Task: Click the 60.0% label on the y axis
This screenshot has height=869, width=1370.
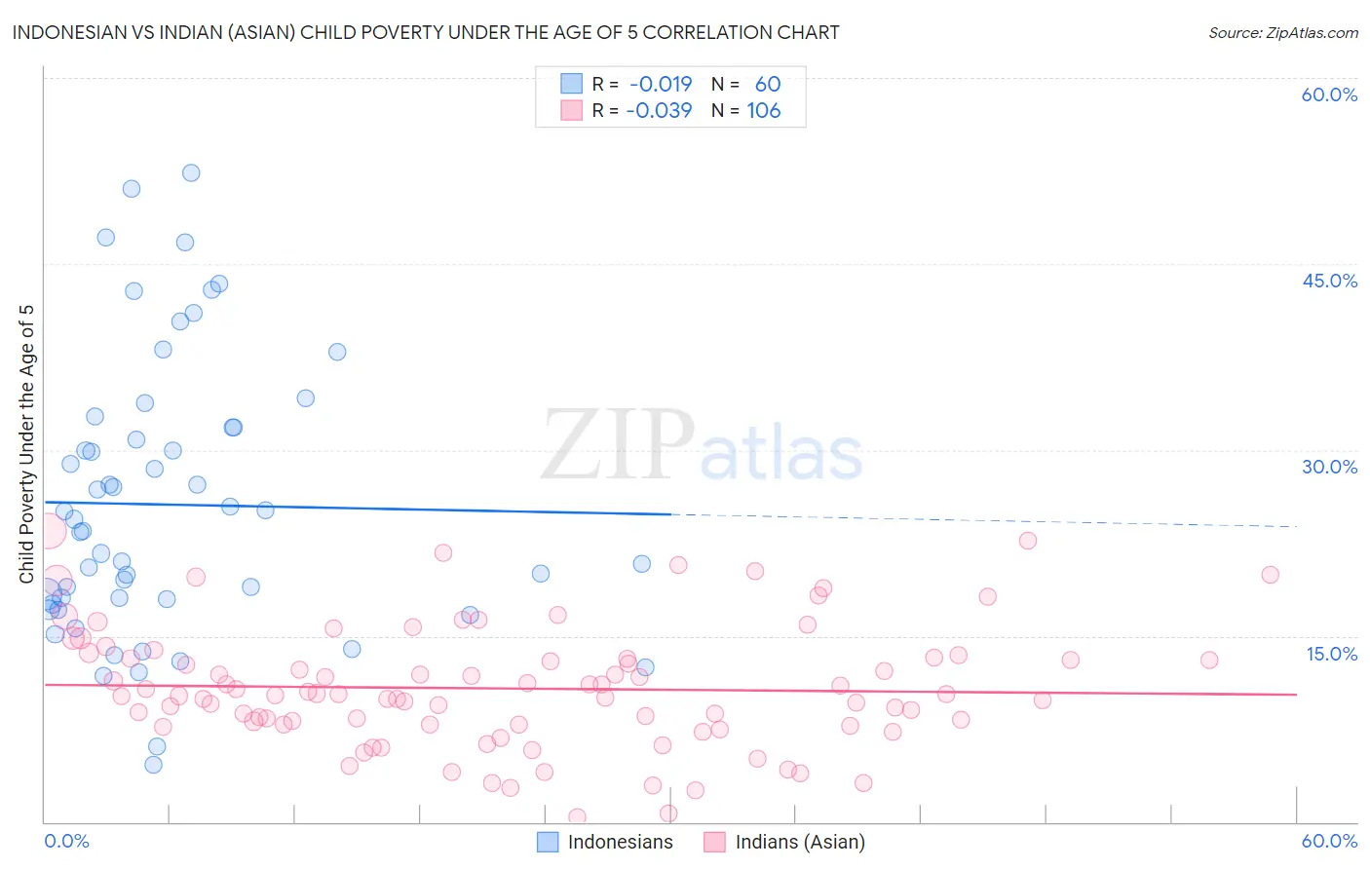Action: point(1329,94)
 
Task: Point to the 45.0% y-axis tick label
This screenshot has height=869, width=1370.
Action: point(1329,281)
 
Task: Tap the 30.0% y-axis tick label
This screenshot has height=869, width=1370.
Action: point(1329,467)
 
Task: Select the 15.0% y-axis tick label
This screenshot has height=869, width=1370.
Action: point(1331,654)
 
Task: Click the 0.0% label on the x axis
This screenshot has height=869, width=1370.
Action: point(66,841)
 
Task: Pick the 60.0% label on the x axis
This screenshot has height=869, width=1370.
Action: point(1329,841)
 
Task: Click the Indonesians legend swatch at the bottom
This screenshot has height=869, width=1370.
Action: point(548,842)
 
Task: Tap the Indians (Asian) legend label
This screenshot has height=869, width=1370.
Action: point(799,842)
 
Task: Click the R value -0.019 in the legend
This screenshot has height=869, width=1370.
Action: point(661,84)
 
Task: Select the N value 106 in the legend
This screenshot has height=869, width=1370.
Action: point(764,110)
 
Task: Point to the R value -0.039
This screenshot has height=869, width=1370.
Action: point(659,110)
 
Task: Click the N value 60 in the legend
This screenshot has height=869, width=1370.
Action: point(767,84)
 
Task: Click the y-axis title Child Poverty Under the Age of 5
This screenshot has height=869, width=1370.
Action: point(26,444)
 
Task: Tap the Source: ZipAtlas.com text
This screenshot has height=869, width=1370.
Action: point(1282,32)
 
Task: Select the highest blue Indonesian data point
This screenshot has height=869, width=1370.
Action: point(191,172)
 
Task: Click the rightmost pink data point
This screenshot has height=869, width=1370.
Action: point(1270,575)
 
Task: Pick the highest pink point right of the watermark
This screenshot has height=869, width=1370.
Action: point(1027,541)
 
